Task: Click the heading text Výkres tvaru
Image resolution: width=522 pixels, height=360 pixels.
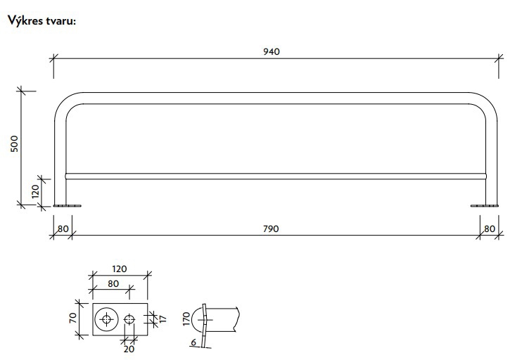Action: click(42, 21)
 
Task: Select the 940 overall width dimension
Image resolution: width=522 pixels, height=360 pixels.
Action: click(272, 51)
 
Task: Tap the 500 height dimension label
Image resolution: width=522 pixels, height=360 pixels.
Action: click(14, 143)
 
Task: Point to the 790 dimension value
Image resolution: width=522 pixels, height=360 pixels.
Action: click(271, 229)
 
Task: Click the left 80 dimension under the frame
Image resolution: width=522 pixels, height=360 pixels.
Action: click(63, 229)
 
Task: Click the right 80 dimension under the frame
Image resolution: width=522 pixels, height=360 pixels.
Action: click(490, 229)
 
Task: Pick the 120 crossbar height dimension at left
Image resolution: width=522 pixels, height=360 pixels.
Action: click(35, 192)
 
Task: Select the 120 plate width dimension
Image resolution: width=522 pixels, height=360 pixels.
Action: click(119, 269)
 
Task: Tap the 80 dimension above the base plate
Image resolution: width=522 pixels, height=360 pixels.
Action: click(113, 283)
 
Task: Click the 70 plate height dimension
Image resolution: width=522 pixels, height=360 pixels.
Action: click(73, 318)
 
